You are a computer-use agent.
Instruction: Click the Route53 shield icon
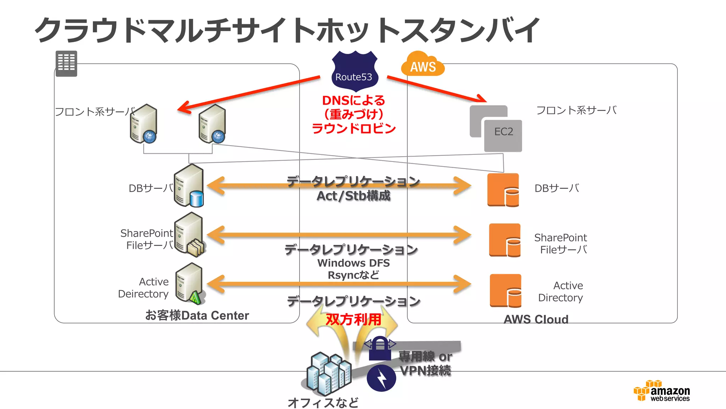click(354, 71)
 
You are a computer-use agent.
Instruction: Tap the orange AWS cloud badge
click(423, 64)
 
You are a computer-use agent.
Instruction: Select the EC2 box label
click(503, 132)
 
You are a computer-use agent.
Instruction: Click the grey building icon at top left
click(66, 64)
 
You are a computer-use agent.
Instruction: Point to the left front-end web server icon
click(144, 124)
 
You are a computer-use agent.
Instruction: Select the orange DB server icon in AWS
click(503, 190)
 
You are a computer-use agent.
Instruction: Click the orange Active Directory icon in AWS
click(506, 290)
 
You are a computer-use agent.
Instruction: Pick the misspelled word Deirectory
click(143, 294)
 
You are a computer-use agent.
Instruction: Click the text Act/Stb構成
click(353, 196)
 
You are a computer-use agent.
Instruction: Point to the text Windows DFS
click(353, 263)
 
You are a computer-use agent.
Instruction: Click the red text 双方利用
click(353, 320)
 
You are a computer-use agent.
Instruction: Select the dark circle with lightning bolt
click(381, 378)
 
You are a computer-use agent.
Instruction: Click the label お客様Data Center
click(197, 315)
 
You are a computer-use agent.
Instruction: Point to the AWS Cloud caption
click(536, 319)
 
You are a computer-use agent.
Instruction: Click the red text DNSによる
click(353, 100)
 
